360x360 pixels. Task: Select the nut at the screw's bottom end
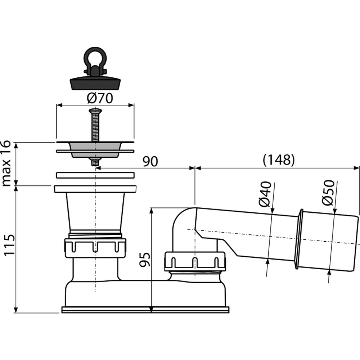tap(95, 162)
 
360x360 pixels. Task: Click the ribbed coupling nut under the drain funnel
tap(95, 248)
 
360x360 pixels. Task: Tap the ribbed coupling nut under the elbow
tap(195, 261)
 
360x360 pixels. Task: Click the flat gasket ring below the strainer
tap(95, 175)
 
